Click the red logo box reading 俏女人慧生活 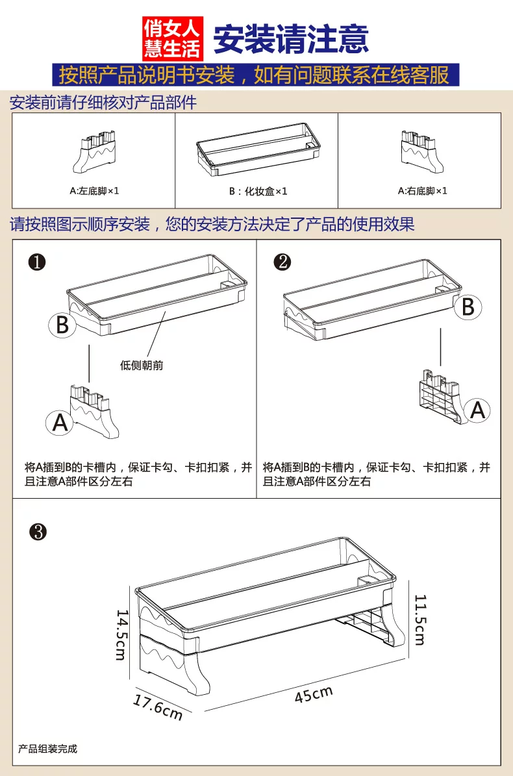coord(173,37)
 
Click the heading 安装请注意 coord(291,38)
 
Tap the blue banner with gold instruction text coord(255,75)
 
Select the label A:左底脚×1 coord(94,191)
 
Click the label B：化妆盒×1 coord(257,192)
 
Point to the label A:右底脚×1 coord(423,191)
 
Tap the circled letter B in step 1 coord(62,324)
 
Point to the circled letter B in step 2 coord(468,307)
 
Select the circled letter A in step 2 coord(477,410)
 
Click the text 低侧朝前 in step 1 coord(142,365)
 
